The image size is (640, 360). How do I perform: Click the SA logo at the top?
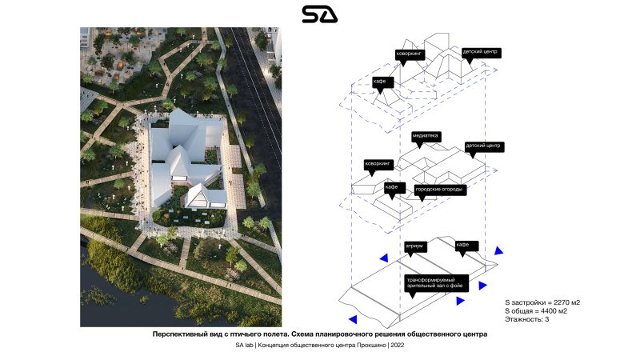coord(319,14)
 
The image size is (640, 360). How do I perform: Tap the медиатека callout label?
coord(426,137)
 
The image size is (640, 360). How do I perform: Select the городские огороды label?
coord(439,190)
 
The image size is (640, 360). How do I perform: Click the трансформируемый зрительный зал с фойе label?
coord(435,283)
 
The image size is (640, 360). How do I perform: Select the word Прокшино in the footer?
coord(368,346)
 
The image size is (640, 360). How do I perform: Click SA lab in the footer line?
coord(245,346)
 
